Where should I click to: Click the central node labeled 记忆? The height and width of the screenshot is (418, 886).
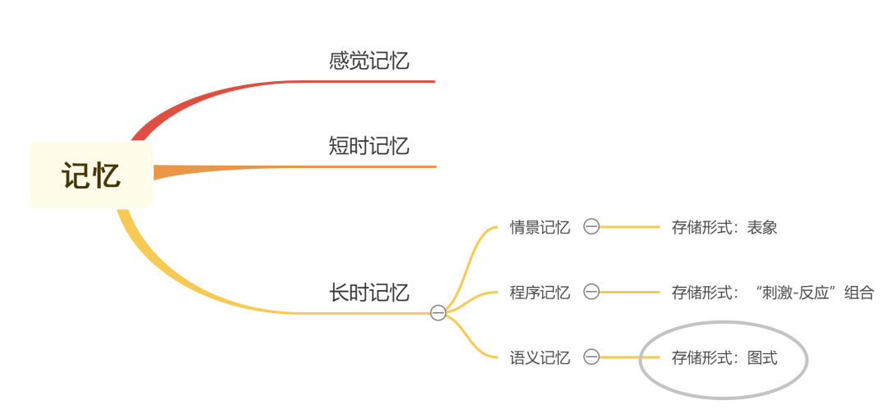coord(91,175)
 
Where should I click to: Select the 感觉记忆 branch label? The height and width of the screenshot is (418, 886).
coord(369,61)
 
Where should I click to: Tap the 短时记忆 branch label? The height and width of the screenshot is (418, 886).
coord(369,147)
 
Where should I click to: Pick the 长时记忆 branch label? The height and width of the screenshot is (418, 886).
coord(369,293)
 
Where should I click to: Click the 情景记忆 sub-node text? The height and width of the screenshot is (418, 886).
coord(540,227)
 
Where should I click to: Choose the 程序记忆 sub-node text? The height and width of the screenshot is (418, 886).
coord(540,292)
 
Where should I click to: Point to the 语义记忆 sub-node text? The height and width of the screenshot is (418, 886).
coord(540,357)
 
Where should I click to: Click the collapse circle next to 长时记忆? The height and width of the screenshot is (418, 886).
coord(438,312)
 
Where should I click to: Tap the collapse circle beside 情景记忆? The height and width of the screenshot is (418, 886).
coord(591,227)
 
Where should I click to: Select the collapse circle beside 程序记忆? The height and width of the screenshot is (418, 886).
coord(591,292)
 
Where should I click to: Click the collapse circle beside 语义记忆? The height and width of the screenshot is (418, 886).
coord(591,357)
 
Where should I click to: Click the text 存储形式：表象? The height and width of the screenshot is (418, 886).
coord(724,227)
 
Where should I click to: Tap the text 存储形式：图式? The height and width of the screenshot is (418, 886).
coord(724,357)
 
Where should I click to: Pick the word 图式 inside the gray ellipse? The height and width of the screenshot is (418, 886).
coord(762,357)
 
